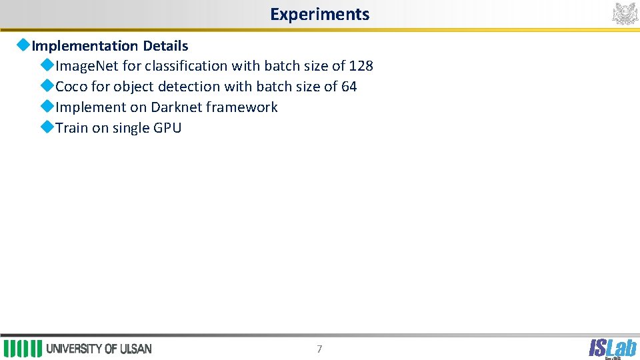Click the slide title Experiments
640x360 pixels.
[x=319, y=14]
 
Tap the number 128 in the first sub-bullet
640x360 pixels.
[x=361, y=66]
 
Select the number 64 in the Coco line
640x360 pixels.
[x=349, y=87]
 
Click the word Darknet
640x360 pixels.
[x=176, y=107]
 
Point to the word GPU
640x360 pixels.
[x=167, y=128]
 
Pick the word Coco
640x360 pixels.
[x=71, y=87]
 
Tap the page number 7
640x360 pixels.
[x=319, y=349]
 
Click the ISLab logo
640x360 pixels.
[x=612, y=348]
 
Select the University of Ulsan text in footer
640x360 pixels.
[x=99, y=349]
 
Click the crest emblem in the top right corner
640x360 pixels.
[x=625, y=13]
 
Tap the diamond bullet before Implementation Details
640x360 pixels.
[x=23, y=45]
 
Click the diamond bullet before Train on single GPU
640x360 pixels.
[x=47, y=127]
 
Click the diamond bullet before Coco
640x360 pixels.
[x=47, y=86]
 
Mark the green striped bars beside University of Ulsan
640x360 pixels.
[x=23, y=349]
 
